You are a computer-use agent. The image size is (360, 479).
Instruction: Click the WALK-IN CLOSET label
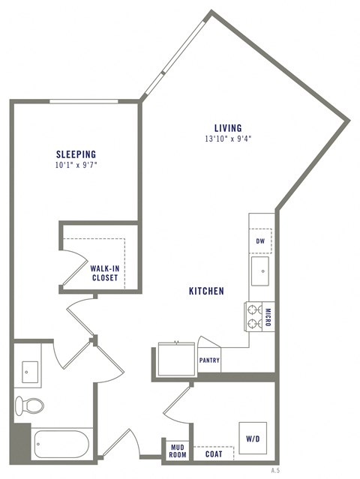point(106,272)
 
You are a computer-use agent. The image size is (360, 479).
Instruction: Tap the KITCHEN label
point(206,291)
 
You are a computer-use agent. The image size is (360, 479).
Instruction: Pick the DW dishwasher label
point(260,241)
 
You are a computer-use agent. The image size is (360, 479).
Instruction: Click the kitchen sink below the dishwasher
point(261,271)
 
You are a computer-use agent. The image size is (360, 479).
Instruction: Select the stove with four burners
point(253,316)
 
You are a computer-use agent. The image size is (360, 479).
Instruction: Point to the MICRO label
point(268,316)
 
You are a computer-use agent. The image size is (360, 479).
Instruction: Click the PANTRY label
point(209,360)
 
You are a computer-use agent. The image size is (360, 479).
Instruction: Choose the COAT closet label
point(213,454)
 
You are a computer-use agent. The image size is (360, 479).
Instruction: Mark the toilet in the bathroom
point(29,406)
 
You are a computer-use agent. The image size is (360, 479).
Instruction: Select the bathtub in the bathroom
point(60,443)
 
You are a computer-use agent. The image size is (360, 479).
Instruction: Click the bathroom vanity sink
point(30,371)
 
